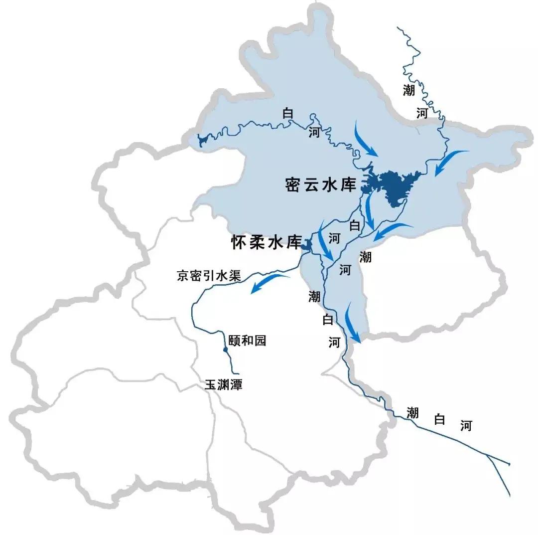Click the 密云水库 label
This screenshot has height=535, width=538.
pyautogui.click(x=321, y=185)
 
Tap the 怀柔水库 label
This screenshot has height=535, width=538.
pyautogui.click(x=267, y=243)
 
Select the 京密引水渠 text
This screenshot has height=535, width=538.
pyautogui.click(x=209, y=276)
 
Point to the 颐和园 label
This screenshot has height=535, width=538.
pyautogui.click(x=247, y=341)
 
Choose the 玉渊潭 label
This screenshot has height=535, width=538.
pyautogui.click(x=223, y=385)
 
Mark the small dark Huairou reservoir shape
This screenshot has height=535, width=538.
pyautogui.click(x=307, y=244)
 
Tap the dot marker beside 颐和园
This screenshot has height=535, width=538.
pyautogui.click(x=226, y=350)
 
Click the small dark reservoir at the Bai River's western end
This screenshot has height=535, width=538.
pyautogui.click(x=202, y=141)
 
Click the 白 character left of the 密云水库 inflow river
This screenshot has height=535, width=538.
pyautogui.click(x=288, y=113)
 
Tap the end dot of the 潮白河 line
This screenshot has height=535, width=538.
pyautogui.click(x=509, y=464)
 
